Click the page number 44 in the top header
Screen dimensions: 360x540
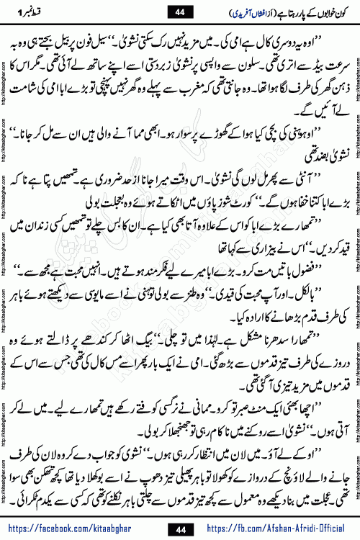click(x=179, y=11)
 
